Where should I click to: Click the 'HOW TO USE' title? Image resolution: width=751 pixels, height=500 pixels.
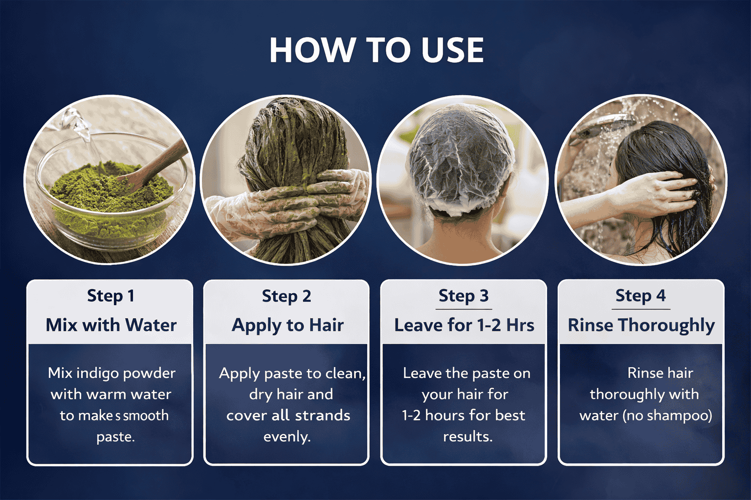tap(377, 50)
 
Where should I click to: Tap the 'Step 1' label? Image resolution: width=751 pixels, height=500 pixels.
tap(110, 296)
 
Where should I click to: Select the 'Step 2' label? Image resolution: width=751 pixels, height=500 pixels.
tap(287, 296)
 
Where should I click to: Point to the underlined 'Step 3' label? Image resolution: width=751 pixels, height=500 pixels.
tap(464, 296)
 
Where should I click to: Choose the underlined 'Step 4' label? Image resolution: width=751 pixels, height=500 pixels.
tap(641, 296)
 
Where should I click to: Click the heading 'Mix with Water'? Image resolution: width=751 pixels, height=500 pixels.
tap(111, 325)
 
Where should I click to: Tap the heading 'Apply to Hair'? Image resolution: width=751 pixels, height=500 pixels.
tap(287, 326)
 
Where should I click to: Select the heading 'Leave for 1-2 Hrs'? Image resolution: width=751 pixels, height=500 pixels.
tap(464, 325)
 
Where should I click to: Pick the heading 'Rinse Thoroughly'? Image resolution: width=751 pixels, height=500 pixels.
tap(641, 326)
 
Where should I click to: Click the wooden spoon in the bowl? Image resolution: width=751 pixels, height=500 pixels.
tap(154, 166)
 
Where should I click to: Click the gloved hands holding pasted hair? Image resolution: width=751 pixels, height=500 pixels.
tap(288, 201)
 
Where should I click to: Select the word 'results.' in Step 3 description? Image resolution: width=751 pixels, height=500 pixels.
tap(468, 437)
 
